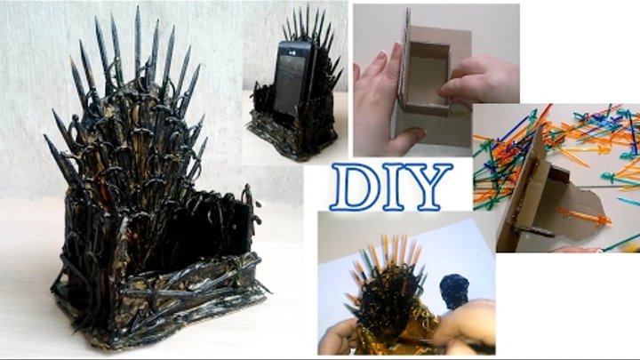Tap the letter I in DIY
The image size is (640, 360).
(395, 186)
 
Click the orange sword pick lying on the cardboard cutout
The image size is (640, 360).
(585, 217)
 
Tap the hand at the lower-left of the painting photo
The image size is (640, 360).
(340, 337)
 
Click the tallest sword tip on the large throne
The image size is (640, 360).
(137, 9)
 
